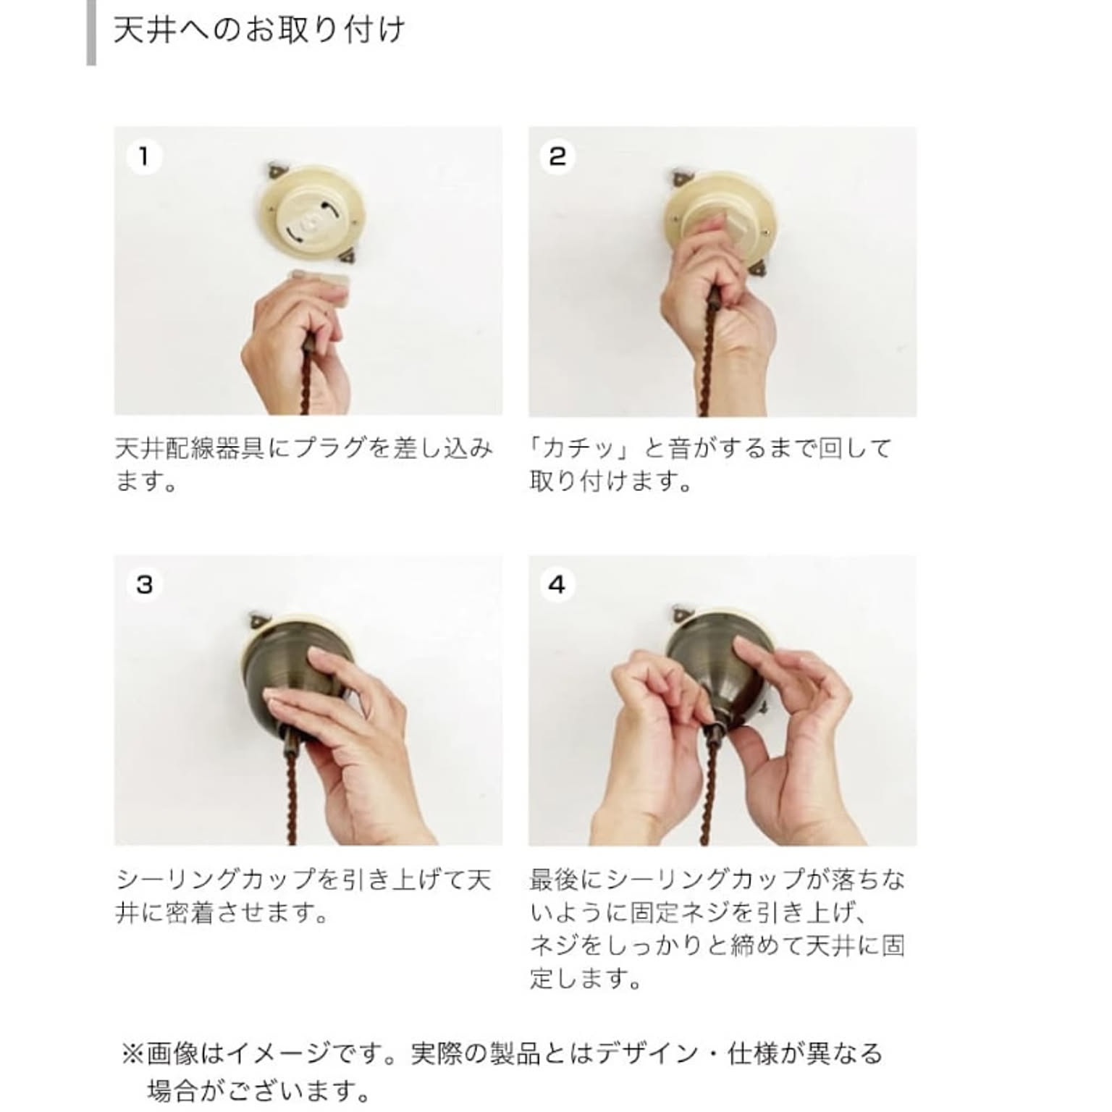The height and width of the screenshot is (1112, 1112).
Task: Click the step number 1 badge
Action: [143, 156]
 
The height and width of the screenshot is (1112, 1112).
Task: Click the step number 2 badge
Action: [557, 156]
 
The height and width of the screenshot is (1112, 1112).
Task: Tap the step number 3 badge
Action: [143, 584]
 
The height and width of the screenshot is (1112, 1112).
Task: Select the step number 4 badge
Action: [557, 584]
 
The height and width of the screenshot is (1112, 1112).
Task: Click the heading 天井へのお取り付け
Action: [259, 31]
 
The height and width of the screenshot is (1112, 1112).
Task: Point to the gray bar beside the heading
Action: [91, 33]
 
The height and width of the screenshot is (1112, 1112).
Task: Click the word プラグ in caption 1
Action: [331, 448]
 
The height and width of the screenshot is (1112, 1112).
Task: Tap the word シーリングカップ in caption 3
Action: [217, 880]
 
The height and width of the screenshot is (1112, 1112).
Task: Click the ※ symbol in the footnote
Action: [132, 1053]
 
